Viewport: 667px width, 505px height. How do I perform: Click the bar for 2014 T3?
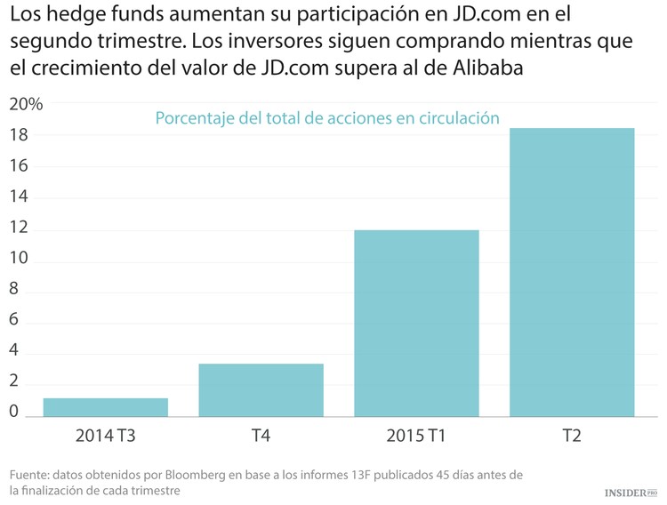point(105,407)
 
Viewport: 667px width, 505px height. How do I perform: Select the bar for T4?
point(261,389)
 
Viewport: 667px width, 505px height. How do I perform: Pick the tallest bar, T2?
point(572,272)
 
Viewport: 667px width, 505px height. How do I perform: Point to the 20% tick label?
point(26,104)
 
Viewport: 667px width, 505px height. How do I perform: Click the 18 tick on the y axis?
point(20,135)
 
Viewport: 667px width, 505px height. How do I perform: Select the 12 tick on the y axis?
point(20,229)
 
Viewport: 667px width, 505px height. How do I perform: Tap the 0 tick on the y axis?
point(14,412)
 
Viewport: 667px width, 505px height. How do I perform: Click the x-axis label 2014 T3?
point(105,436)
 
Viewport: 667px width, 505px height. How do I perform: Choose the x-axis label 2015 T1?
point(416,436)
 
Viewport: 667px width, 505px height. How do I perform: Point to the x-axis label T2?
point(572,436)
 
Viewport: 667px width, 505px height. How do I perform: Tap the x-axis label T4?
point(261,436)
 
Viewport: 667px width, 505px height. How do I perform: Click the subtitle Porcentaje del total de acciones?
point(327,118)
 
